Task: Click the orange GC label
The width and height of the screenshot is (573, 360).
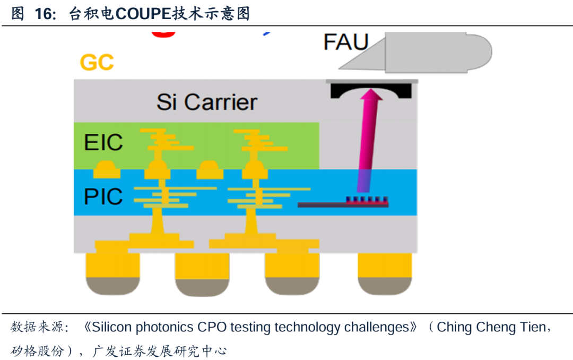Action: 97,63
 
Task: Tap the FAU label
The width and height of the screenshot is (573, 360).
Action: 346,42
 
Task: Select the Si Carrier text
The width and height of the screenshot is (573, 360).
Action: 207,102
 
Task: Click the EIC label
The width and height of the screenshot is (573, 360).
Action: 103,142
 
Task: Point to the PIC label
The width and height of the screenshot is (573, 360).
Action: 103,196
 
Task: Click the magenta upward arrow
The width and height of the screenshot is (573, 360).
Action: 370,138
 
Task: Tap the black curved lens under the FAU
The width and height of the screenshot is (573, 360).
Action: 371,91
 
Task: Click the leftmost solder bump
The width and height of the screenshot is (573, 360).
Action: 112,273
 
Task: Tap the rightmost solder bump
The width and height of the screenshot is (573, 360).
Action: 385,273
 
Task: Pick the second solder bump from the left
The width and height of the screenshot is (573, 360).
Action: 202,273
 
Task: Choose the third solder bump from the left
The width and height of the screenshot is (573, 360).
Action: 292,273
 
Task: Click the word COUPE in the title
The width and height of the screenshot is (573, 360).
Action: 142,14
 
